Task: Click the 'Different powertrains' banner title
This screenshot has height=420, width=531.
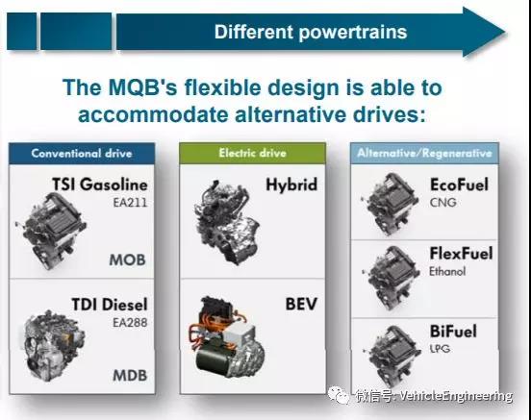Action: [311, 32]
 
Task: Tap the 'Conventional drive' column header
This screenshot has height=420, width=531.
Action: [82, 154]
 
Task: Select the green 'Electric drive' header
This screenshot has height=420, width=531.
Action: [253, 153]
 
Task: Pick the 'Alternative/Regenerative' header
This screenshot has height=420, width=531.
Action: [424, 153]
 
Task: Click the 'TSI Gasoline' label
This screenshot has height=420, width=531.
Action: [100, 185]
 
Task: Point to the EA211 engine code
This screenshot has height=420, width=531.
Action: [130, 203]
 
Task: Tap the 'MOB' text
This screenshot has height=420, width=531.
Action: [127, 259]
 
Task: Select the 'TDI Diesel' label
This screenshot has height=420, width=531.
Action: [110, 305]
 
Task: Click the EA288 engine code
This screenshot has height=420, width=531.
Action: [130, 323]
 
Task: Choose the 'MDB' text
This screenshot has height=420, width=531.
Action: [130, 376]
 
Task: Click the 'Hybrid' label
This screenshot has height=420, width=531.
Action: [291, 185]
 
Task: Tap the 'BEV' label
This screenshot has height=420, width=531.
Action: [301, 304]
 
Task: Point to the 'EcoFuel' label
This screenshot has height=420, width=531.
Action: [459, 185]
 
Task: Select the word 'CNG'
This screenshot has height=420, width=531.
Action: [442, 203]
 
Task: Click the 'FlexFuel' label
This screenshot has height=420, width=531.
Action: [461, 254]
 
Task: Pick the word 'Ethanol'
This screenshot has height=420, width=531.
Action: [447, 271]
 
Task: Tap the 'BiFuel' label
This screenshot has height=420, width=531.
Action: [453, 331]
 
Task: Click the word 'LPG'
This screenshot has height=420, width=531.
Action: [440, 348]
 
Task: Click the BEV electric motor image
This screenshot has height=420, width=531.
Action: [226, 338]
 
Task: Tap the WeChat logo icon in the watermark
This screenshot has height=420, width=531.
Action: [338, 396]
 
